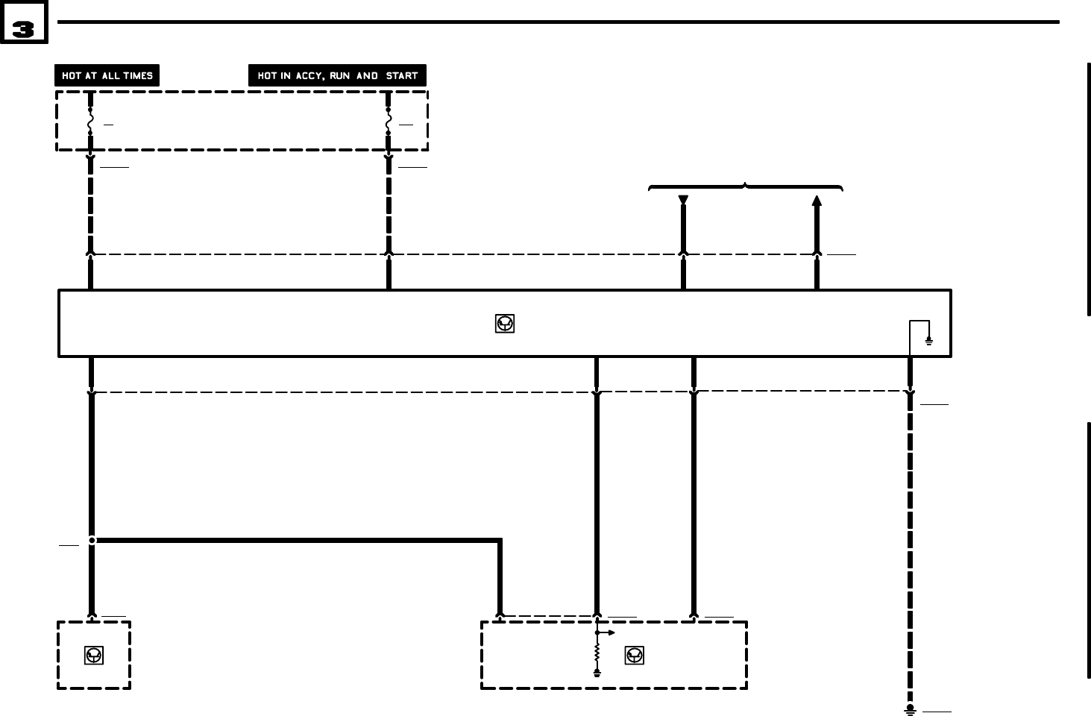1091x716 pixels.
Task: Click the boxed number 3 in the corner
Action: [x=24, y=28]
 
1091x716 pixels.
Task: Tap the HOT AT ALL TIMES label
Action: [x=107, y=75]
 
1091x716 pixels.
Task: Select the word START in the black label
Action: [x=402, y=75]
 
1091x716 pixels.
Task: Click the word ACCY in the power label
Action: [x=309, y=75]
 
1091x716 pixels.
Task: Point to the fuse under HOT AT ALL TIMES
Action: [x=90, y=121]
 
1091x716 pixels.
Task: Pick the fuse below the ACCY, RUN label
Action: [x=389, y=121]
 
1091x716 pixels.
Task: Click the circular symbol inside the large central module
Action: [x=505, y=324]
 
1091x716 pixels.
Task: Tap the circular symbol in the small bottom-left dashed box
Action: [x=94, y=656]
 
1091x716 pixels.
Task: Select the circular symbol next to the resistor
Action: [x=634, y=656]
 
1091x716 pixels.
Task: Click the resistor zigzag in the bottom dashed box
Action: [x=597, y=653]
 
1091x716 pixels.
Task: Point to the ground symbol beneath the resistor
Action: [x=597, y=673]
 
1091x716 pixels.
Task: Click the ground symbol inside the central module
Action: [x=929, y=341]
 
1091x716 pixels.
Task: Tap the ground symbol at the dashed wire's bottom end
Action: [x=910, y=709]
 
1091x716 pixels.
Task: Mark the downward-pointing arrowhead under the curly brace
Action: [x=683, y=200]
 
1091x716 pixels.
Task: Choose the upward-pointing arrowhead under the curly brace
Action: [x=817, y=200]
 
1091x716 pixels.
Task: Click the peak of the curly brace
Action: [x=746, y=183]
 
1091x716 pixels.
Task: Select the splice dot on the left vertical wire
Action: [x=92, y=540]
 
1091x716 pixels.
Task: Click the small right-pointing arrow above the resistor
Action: [x=611, y=632]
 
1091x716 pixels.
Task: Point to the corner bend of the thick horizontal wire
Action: [x=499, y=540]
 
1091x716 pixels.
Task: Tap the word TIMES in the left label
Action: [x=138, y=75]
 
